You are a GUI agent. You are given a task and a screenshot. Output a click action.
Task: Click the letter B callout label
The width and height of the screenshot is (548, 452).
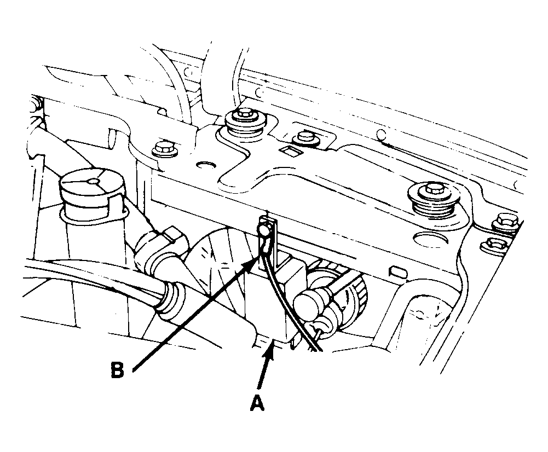(x=117, y=370)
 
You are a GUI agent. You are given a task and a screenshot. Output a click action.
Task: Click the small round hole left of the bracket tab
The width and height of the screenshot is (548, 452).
(x=206, y=164)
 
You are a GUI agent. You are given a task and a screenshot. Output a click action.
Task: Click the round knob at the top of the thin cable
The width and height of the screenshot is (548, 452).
(x=264, y=230)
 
